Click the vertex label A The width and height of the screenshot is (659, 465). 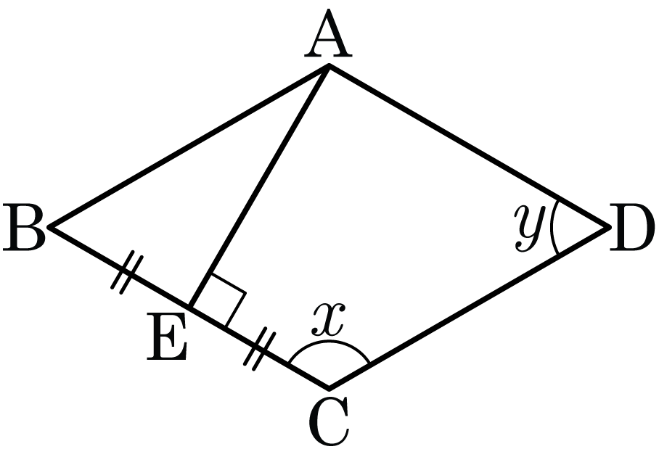point(328,33)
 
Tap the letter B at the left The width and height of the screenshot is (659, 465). point(24,227)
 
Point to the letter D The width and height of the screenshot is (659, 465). point(632,227)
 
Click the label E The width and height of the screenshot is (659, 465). point(167,337)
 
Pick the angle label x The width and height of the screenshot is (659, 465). point(329,318)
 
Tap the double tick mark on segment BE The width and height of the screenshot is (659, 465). point(127,272)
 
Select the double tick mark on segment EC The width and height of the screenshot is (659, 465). point(260,349)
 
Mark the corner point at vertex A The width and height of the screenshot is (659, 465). point(329,65)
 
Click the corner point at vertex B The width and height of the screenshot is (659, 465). point(49,227)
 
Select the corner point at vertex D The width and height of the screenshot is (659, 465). point(609,227)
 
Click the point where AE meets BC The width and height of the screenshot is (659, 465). point(190,307)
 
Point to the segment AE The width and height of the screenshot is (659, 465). point(260,186)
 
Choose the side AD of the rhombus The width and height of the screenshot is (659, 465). point(469,147)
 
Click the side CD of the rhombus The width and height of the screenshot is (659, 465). point(469,308)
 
